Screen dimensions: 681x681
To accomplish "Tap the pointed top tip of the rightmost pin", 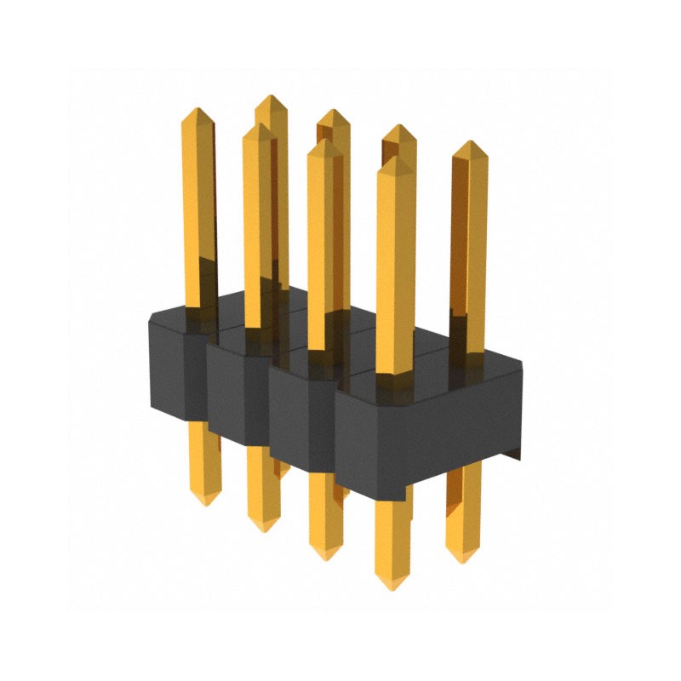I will (470, 142).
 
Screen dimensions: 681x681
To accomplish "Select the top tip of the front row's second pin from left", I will (258, 124).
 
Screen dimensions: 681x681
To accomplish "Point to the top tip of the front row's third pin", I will (322, 140).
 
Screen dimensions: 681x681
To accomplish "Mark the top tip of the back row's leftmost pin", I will (271, 96).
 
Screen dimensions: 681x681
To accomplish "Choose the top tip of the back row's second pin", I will (334, 110).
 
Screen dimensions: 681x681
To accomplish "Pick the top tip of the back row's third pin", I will (398, 126).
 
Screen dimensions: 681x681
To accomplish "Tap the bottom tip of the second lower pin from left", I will (262, 530).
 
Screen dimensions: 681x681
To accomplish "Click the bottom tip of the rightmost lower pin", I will (462, 562).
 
